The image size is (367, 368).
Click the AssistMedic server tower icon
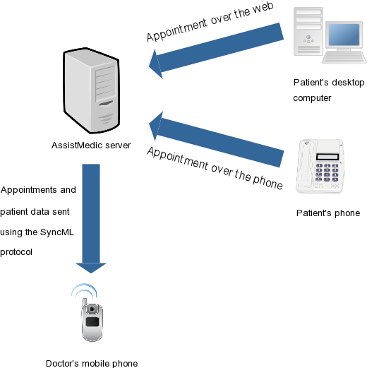point(92,90)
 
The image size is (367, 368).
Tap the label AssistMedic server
point(91,146)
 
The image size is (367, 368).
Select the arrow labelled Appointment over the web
point(216,51)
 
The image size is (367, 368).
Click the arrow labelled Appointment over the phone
point(216,139)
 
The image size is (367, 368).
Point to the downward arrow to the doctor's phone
point(91,218)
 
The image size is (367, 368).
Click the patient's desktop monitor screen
point(344,35)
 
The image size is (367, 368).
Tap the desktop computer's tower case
point(308,31)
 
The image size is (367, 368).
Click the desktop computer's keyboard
point(344,58)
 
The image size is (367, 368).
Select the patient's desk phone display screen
point(327,157)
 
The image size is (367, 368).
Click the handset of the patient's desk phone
point(304,165)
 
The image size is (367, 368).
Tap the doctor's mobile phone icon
point(92,320)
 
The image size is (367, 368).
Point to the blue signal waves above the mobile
point(84,291)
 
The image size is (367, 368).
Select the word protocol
point(16,252)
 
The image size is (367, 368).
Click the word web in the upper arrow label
point(263,8)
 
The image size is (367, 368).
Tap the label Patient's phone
point(328,213)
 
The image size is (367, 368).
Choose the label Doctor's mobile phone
point(92,364)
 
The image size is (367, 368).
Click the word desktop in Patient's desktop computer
point(348,83)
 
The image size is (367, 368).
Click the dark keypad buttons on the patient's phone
point(327,172)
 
